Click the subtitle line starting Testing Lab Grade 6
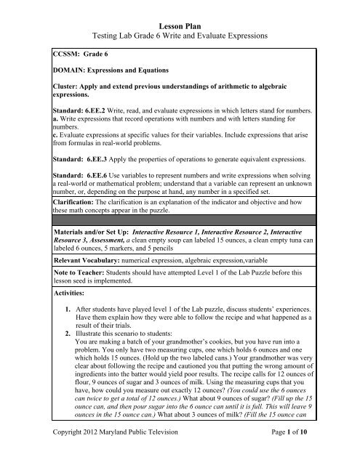click(180, 36)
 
